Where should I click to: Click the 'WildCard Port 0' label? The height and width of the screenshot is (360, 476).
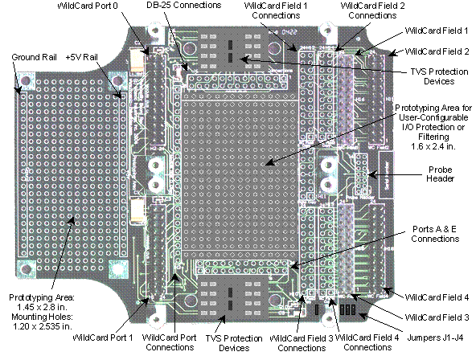coord(88,6)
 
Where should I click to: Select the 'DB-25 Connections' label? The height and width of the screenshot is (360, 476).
coord(184,5)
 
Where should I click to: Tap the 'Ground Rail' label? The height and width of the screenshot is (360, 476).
coord(34,57)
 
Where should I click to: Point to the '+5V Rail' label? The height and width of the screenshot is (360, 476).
coord(82,57)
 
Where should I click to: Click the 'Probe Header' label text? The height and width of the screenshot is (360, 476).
coord(440,174)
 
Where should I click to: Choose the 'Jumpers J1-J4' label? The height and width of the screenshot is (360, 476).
coord(435,337)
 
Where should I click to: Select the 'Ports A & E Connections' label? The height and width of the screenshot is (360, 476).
coord(435,234)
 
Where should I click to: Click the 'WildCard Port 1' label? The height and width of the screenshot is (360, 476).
coord(103,337)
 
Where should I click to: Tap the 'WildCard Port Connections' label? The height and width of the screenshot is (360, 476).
coord(170,342)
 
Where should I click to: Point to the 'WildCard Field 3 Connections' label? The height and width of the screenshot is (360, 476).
coord(302,342)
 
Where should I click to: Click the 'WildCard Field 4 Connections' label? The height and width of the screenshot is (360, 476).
coord(367,342)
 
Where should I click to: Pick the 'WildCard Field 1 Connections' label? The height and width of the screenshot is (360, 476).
coord(276,10)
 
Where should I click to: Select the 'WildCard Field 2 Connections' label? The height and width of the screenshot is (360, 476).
coord(372,10)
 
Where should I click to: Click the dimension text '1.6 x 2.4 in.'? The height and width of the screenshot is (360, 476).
coord(433,146)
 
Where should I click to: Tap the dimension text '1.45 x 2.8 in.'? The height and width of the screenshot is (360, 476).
coord(41,307)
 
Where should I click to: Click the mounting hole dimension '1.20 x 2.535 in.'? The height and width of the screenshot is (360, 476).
coord(43,326)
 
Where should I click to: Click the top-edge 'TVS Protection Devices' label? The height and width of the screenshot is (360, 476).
coord(439,76)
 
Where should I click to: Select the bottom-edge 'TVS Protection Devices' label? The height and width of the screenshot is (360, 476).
coord(234,343)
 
